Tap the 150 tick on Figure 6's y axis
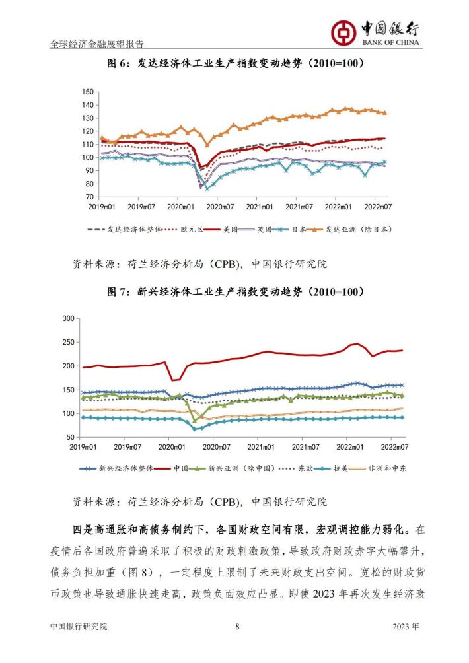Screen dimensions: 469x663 88,92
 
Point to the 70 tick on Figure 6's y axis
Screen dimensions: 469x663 89,197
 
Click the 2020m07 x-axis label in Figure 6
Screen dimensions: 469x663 220,207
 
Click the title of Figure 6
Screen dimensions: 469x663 236,63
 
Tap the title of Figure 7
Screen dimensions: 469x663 236,292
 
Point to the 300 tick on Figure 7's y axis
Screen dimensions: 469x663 69,318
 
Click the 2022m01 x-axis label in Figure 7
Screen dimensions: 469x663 349,447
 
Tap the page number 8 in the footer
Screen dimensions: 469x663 237,626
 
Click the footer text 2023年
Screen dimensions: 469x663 406,626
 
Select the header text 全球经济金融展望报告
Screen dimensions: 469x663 97,44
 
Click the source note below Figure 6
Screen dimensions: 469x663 200,264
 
